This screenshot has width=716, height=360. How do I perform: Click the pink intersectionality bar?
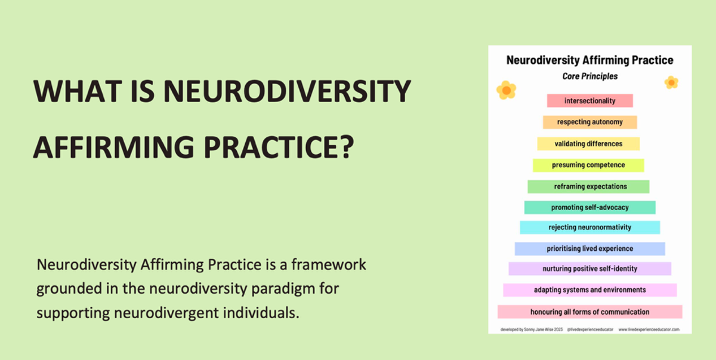(x=590, y=101)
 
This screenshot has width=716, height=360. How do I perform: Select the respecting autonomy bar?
(x=590, y=122)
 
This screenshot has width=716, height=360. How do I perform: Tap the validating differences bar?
(x=588, y=144)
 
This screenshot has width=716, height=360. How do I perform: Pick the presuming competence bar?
(x=588, y=165)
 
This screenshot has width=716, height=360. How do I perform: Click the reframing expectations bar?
(x=588, y=187)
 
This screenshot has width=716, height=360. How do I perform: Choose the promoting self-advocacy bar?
(x=590, y=208)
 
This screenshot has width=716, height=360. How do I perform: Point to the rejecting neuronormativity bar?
(x=590, y=227)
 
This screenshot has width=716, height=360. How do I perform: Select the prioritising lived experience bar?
(x=590, y=249)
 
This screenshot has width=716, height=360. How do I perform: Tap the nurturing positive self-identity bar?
(x=590, y=269)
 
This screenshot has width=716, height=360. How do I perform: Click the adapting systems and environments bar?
(x=590, y=290)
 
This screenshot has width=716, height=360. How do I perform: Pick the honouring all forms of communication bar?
(x=590, y=312)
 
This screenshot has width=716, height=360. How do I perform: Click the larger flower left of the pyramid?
(x=507, y=90)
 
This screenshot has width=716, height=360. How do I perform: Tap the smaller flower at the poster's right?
(x=671, y=83)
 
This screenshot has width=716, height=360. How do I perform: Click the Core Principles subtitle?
(x=590, y=76)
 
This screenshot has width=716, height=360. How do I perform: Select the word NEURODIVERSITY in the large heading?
(x=287, y=91)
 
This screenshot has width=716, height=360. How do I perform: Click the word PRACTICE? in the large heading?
(x=279, y=147)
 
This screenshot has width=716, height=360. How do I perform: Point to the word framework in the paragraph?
(x=329, y=264)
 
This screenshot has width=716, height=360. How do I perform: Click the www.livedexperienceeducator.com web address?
(x=649, y=330)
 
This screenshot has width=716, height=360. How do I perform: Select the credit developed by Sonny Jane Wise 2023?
(x=532, y=330)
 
